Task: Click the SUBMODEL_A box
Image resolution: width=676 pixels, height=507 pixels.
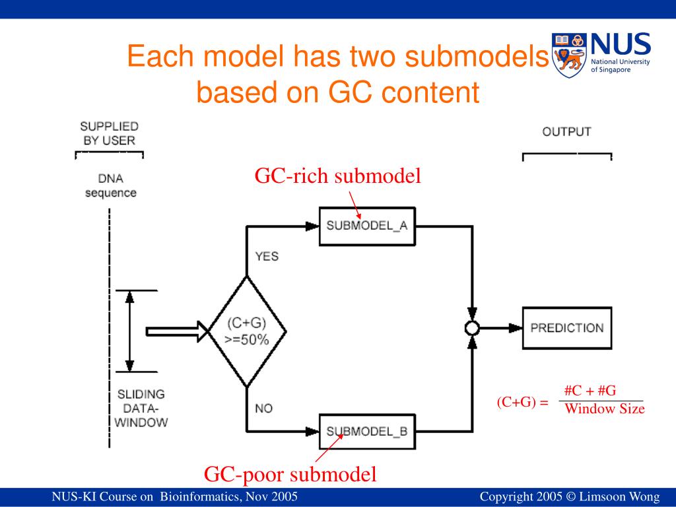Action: click(367, 225)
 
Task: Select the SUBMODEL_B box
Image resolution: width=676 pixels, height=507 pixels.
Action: click(367, 432)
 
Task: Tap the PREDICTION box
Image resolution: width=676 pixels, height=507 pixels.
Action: click(567, 327)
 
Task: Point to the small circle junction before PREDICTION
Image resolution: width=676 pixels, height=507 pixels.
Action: click(472, 328)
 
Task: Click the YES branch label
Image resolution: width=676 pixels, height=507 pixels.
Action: click(267, 256)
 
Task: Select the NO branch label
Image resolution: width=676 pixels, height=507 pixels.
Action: click(264, 409)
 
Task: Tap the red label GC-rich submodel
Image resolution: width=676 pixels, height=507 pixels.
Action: click(338, 176)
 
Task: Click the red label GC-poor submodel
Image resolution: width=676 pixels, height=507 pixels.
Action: click(290, 474)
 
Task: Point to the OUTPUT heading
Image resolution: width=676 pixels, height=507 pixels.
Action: click(566, 132)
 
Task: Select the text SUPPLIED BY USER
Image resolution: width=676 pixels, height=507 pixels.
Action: click(109, 133)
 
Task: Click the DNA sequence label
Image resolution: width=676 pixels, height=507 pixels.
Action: click(110, 186)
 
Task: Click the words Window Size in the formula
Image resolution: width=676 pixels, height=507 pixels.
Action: click(604, 409)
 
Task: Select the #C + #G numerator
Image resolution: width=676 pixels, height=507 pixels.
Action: click(590, 391)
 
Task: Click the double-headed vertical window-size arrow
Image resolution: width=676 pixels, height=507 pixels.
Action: click(130, 331)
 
